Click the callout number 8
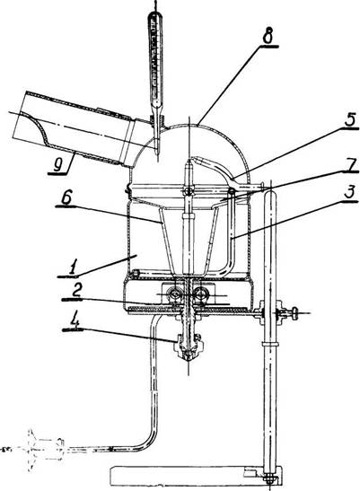[x=268, y=37]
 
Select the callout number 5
[x=349, y=119]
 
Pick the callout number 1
[x=73, y=267]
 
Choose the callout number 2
[x=76, y=290]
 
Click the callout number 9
[x=58, y=164]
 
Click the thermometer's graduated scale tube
[x=155, y=58]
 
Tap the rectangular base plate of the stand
[x=196, y=475]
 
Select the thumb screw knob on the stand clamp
[x=294, y=313]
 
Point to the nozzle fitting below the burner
[x=188, y=347]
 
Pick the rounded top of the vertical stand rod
[x=270, y=193]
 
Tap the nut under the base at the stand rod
[x=269, y=480]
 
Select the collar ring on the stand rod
[x=269, y=344]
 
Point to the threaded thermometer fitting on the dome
[x=157, y=121]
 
